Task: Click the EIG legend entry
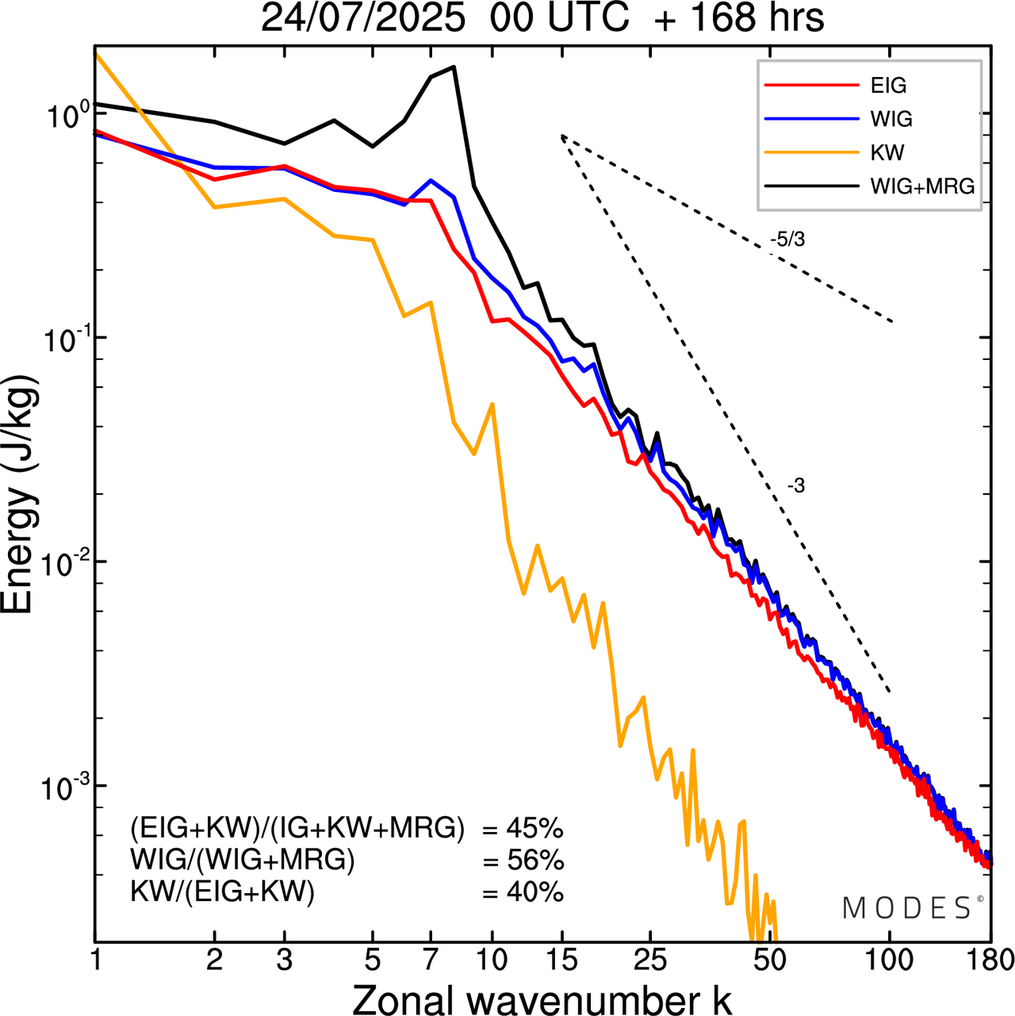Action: (888, 86)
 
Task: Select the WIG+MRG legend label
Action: (922, 186)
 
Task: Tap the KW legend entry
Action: (887, 152)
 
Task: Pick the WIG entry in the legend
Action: (891, 119)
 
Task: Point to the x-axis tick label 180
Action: (990, 960)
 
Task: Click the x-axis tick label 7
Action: (431, 960)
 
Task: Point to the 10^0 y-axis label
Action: (63, 117)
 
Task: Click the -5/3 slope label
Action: (787, 239)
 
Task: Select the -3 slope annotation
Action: (796, 486)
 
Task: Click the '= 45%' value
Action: (523, 829)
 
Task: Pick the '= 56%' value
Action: (523, 861)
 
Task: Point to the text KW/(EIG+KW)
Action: (222, 892)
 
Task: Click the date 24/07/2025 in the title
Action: (363, 19)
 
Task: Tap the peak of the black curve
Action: (454, 67)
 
